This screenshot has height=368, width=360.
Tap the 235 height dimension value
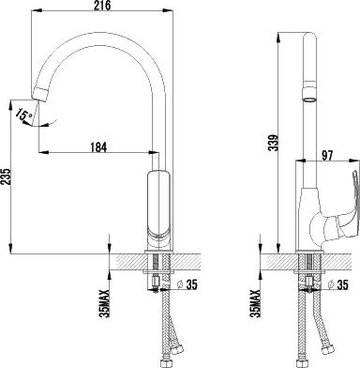(x=7, y=177)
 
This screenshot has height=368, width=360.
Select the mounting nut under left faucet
(x=157, y=281)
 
